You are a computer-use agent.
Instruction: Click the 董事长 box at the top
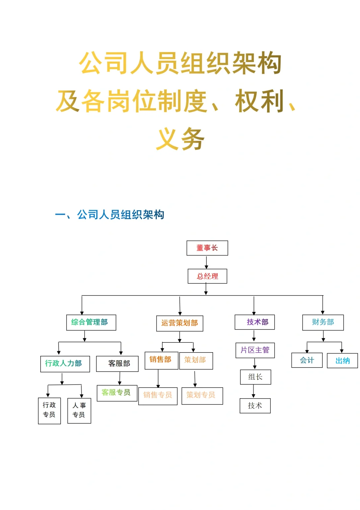[x=207, y=248]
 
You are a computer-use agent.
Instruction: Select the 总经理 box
[x=207, y=276]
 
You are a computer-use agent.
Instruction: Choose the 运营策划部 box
[x=180, y=323]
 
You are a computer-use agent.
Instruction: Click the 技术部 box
[x=255, y=322]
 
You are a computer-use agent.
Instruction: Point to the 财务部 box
[x=323, y=322]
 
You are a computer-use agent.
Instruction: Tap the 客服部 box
[x=117, y=364]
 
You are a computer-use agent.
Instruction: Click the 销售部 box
[x=161, y=360]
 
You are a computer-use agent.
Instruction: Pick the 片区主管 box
[x=255, y=350]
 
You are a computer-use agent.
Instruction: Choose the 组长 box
[x=255, y=377]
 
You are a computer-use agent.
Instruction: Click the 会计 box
[x=307, y=360]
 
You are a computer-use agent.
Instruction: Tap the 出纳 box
[x=342, y=361]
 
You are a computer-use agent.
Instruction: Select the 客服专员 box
[x=117, y=393]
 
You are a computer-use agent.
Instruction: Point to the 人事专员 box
[x=79, y=410]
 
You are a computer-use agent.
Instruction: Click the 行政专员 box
[x=49, y=410]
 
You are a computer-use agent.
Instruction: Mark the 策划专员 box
[x=202, y=396]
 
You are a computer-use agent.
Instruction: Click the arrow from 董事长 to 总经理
[x=206, y=262]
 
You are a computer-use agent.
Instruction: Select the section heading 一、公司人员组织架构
[x=110, y=214]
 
